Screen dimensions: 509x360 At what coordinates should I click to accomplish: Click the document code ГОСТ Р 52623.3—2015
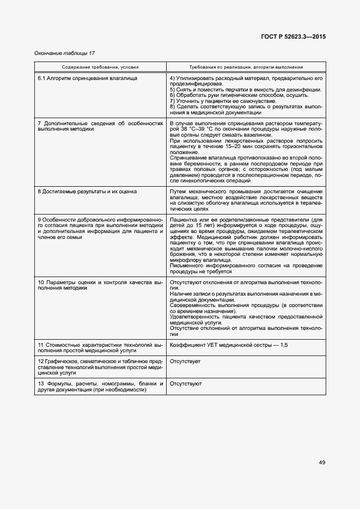tap(295, 38)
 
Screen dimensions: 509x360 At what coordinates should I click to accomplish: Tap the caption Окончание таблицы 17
tap(65, 53)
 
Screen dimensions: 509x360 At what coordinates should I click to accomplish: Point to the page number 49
tap(322, 463)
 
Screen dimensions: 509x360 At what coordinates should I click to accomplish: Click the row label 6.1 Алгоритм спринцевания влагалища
tap(87, 78)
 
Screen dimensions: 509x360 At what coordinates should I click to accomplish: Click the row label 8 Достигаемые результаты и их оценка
tap(87, 192)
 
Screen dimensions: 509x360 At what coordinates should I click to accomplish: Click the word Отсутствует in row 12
tap(185, 361)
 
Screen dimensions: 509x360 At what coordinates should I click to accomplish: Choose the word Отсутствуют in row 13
tap(186, 384)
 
